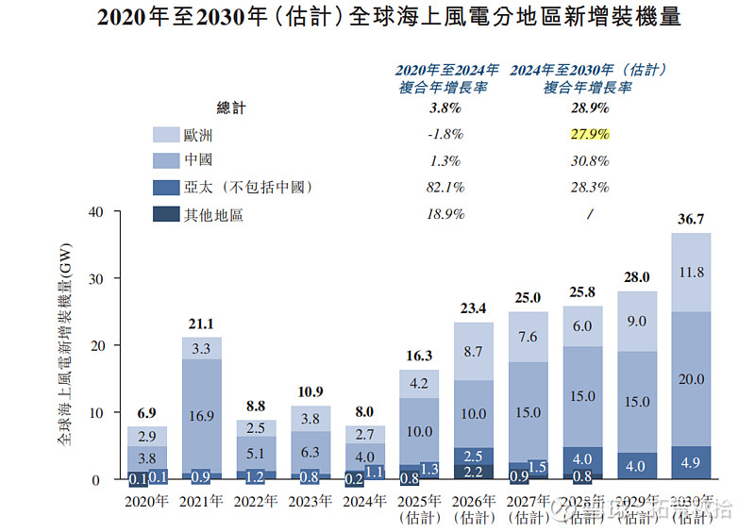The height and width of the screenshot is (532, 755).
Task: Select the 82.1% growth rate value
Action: [444, 187]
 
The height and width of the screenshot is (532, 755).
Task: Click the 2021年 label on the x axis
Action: [202, 501]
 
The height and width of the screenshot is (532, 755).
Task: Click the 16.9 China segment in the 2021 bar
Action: [202, 413]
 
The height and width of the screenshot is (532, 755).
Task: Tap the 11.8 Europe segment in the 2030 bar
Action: [691, 273]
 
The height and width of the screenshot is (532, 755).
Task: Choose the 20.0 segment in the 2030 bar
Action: [691, 378]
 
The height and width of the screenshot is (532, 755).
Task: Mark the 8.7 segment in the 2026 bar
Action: [474, 351]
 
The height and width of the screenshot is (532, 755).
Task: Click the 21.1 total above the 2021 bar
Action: [202, 325]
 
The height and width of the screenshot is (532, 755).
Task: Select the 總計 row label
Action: [231, 108]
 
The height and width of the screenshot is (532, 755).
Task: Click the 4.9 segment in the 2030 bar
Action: [691, 463]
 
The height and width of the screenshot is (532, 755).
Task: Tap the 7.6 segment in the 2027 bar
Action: [528, 337]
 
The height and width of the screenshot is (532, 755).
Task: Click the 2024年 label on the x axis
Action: [365, 501]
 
